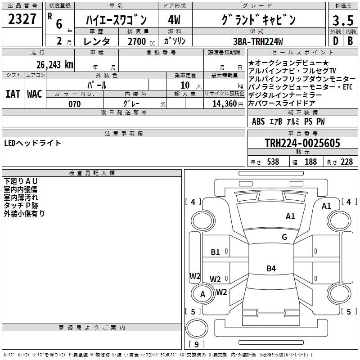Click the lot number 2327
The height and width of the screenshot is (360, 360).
point(22,19)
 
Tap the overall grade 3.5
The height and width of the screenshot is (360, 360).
point(343,21)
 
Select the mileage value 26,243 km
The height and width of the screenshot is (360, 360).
point(55,65)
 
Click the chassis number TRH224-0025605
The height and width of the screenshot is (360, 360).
point(302,143)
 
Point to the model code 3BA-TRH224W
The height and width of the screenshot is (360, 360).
point(258,41)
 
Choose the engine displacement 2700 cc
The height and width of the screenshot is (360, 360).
point(141,41)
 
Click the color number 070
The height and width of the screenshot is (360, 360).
point(75,104)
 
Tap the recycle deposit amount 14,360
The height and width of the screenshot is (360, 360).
point(225,104)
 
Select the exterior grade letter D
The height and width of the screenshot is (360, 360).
point(336,41)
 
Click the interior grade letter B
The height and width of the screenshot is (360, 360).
point(351,41)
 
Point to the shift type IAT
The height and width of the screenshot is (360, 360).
point(13,94)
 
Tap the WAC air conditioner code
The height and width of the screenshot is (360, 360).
point(35,94)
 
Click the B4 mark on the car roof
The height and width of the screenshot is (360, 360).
point(271,268)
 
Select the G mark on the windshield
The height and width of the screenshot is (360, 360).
point(284,237)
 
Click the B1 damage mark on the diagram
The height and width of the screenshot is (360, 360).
point(216,252)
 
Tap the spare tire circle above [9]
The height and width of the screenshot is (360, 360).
point(197,328)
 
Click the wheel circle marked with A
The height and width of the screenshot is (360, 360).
point(203,293)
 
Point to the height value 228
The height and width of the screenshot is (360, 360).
point(346,162)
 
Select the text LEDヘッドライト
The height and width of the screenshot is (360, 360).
point(32,143)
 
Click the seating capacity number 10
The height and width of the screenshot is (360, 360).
point(185,85)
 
